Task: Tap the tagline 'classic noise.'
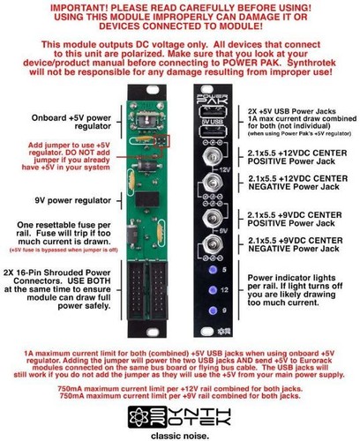181,433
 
